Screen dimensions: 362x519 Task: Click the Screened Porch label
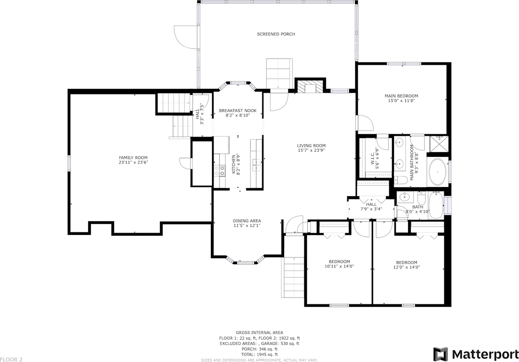(x=276, y=34)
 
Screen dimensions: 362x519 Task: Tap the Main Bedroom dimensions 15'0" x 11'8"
(x=401, y=101)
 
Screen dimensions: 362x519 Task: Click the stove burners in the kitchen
(x=219, y=170)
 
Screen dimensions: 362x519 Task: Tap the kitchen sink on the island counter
(x=256, y=163)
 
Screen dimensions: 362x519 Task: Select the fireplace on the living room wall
(x=310, y=86)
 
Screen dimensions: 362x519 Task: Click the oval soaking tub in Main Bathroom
(x=437, y=172)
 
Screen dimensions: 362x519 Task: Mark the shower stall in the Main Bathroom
(x=437, y=144)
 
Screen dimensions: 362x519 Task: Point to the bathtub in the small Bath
(x=436, y=205)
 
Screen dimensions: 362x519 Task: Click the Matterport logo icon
(x=440, y=354)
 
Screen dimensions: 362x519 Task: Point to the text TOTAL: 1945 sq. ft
(x=259, y=354)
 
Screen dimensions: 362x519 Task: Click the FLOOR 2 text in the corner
(x=11, y=359)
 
